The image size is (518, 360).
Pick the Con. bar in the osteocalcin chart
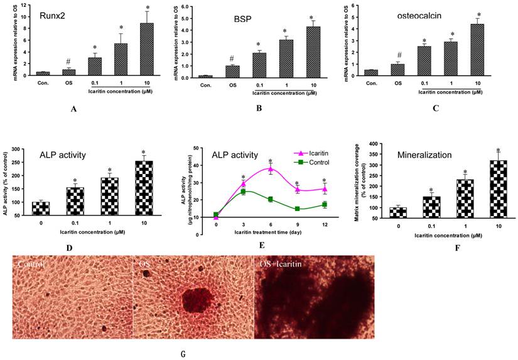coord(372,72)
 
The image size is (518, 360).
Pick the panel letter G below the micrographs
coord(183,354)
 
